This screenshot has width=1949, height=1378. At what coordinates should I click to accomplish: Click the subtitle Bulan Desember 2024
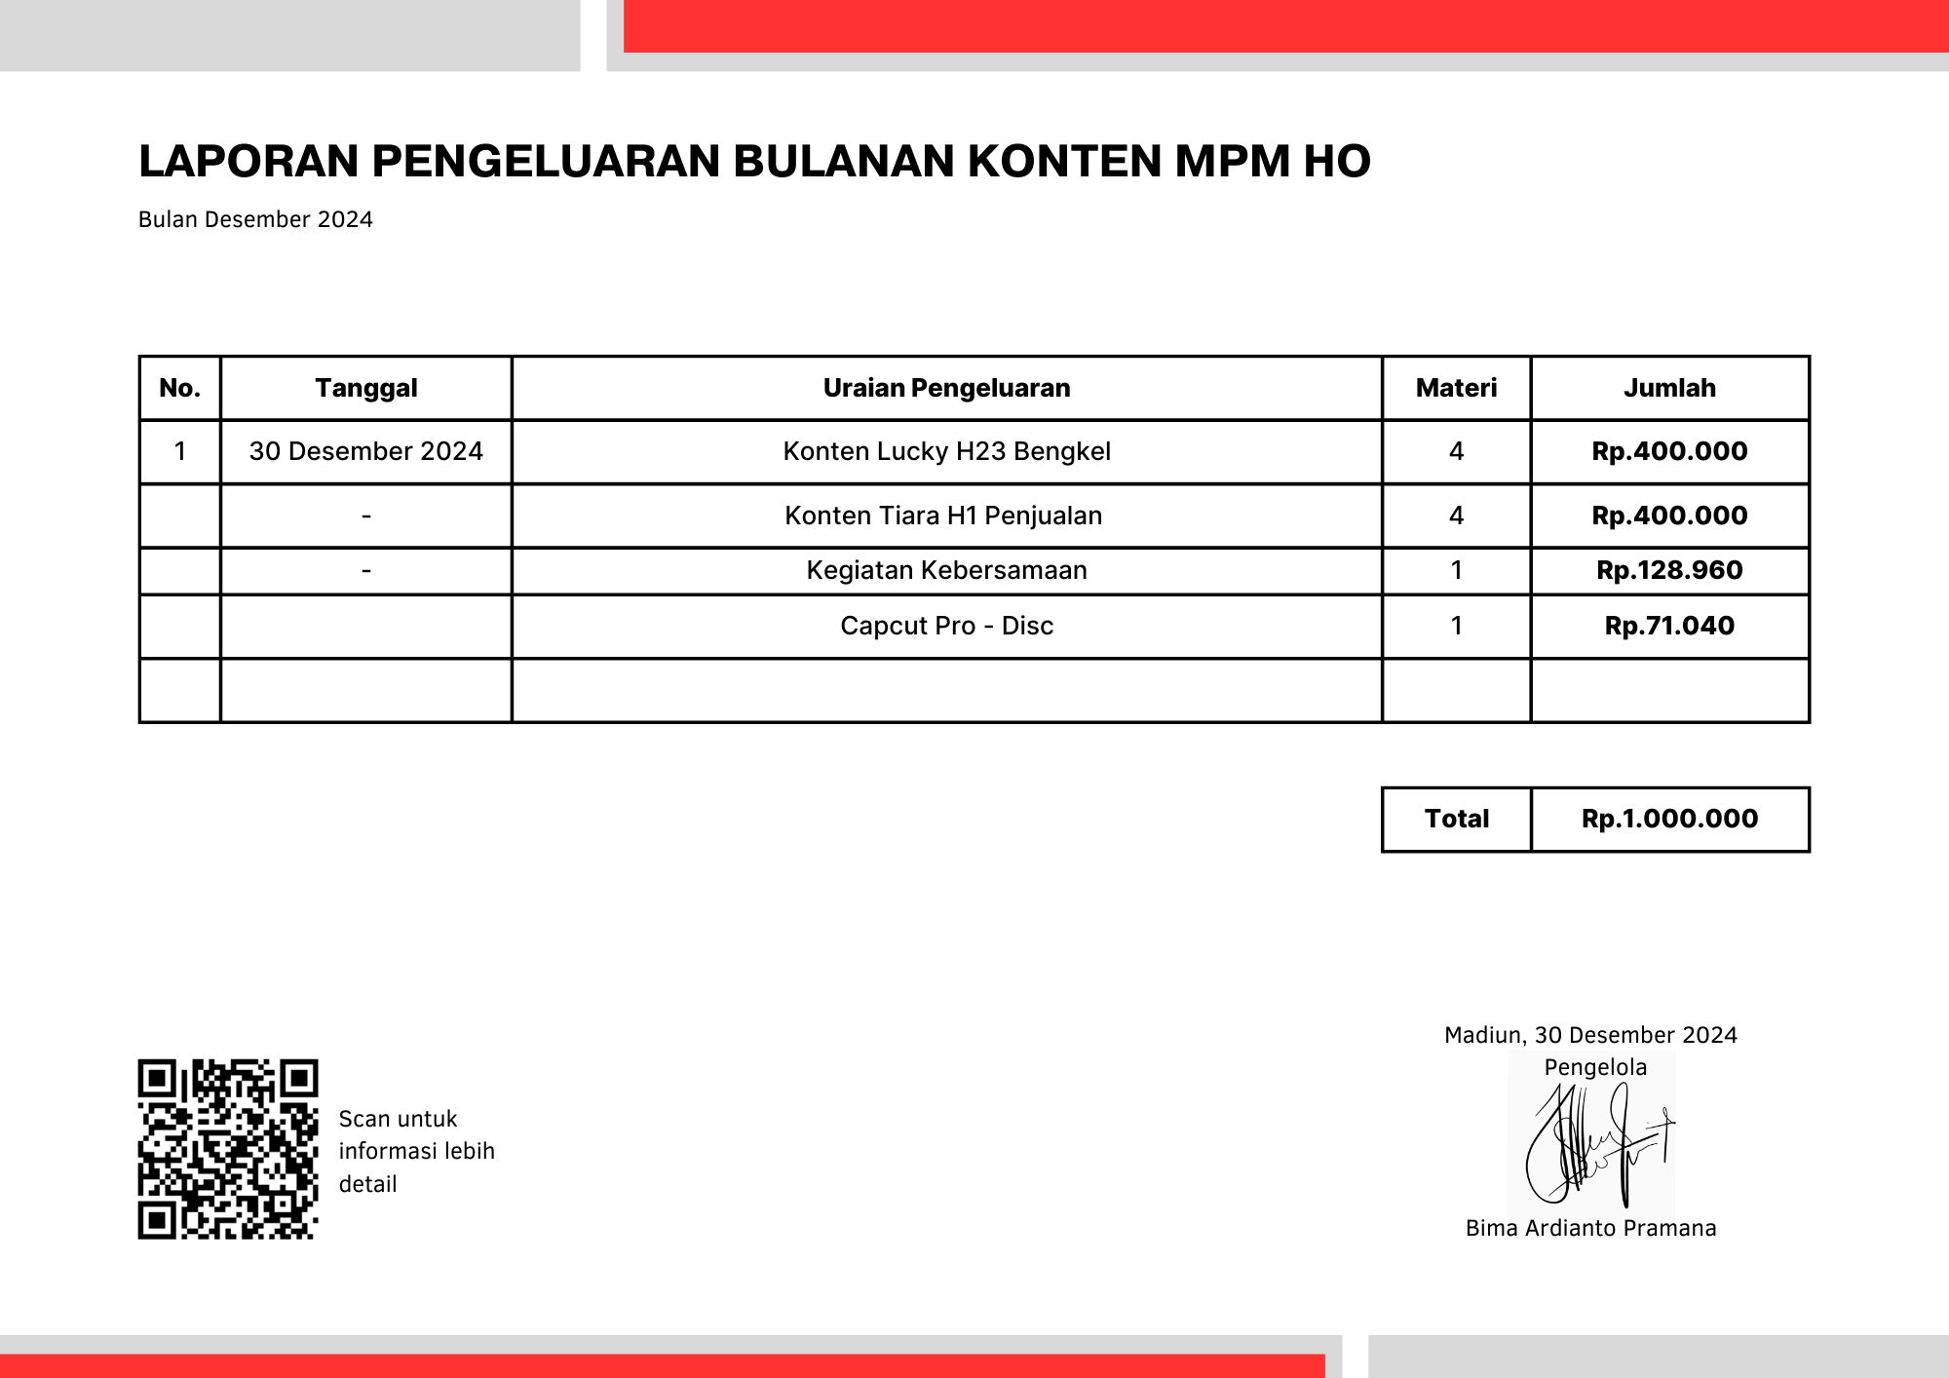(x=255, y=219)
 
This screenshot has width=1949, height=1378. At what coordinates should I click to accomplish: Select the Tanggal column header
(x=365, y=388)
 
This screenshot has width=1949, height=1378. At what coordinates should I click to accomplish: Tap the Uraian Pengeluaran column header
(x=946, y=388)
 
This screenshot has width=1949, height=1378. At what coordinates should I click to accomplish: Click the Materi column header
(x=1456, y=388)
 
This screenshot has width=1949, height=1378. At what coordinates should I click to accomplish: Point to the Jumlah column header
(x=1669, y=388)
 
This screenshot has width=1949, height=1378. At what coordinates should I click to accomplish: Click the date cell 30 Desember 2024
(x=365, y=451)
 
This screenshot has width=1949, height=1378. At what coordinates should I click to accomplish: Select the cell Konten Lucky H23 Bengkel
(x=946, y=451)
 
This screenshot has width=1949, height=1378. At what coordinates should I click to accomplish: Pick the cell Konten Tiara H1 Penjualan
(x=943, y=516)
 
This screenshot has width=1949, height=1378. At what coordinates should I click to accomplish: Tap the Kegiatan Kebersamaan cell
(x=946, y=570)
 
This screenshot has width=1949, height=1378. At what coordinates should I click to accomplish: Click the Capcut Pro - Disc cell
(x=946, y=626)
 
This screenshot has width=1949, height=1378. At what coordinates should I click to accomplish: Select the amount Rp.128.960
(x=1669, y=570)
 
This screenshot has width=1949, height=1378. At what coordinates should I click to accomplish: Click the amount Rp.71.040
(x=1669, y=626)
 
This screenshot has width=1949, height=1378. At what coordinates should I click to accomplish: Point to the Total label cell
(x=1456, y=819)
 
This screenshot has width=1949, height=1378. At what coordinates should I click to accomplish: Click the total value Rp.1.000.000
(x=1669, y=819)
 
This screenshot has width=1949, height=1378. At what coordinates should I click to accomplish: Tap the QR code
(x=228, y=1149)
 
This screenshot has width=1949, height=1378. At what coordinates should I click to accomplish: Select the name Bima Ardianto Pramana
(x=1590, y=1228)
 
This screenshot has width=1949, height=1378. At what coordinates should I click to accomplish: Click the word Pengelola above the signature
(x=1595, y=1067)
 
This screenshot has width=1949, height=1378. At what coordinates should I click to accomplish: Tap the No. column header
(x=179, y=388)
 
